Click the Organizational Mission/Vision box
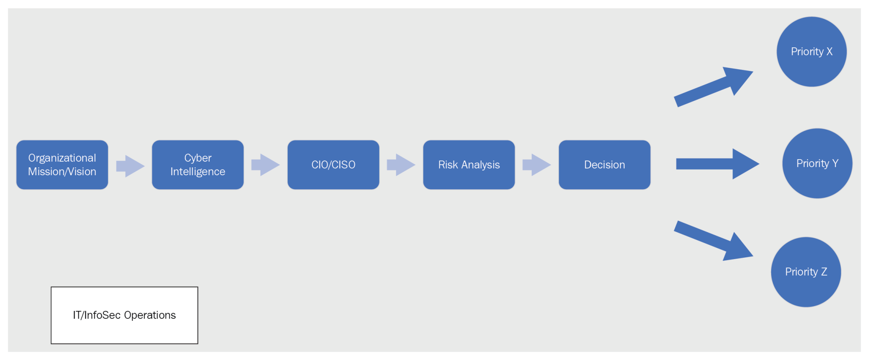pyautogui.click(x=62, y=165)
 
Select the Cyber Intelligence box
pyautogui.click(x=198, y=165)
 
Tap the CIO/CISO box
pyautogui.click(x=333, y=165)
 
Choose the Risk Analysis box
pyautogui.click(x=469, y=165)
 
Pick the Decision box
pyautogui.click(x=605, y=165)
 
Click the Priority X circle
pyautogui.click(x=812, y=52)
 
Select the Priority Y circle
pyautogui.click(x=817, y=163)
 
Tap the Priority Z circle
pyautogui.click(x=806, y=272)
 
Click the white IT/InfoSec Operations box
pyautogui.click(x=124, y=315)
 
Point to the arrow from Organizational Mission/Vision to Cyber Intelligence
pyautogui.click(x=130, y=166)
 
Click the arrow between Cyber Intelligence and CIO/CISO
pyautogui.click(x=266, y=165)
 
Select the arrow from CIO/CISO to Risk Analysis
pyautogui.click(x=401, y=165)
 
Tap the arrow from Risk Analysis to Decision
pyautogui.click(x=537, y=165)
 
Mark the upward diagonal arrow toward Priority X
pyautogui.click(x=713, y=87)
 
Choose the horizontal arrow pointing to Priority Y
pyautogui.click(x=718, y=164)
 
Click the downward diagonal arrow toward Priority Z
pyautogui.click(x=713, y=241)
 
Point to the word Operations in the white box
pyautogui.click(x=150, y=316)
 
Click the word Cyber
pyautogui.click(x=198, y=158)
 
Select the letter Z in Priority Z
pyautogui.click(x=824, y=272)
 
